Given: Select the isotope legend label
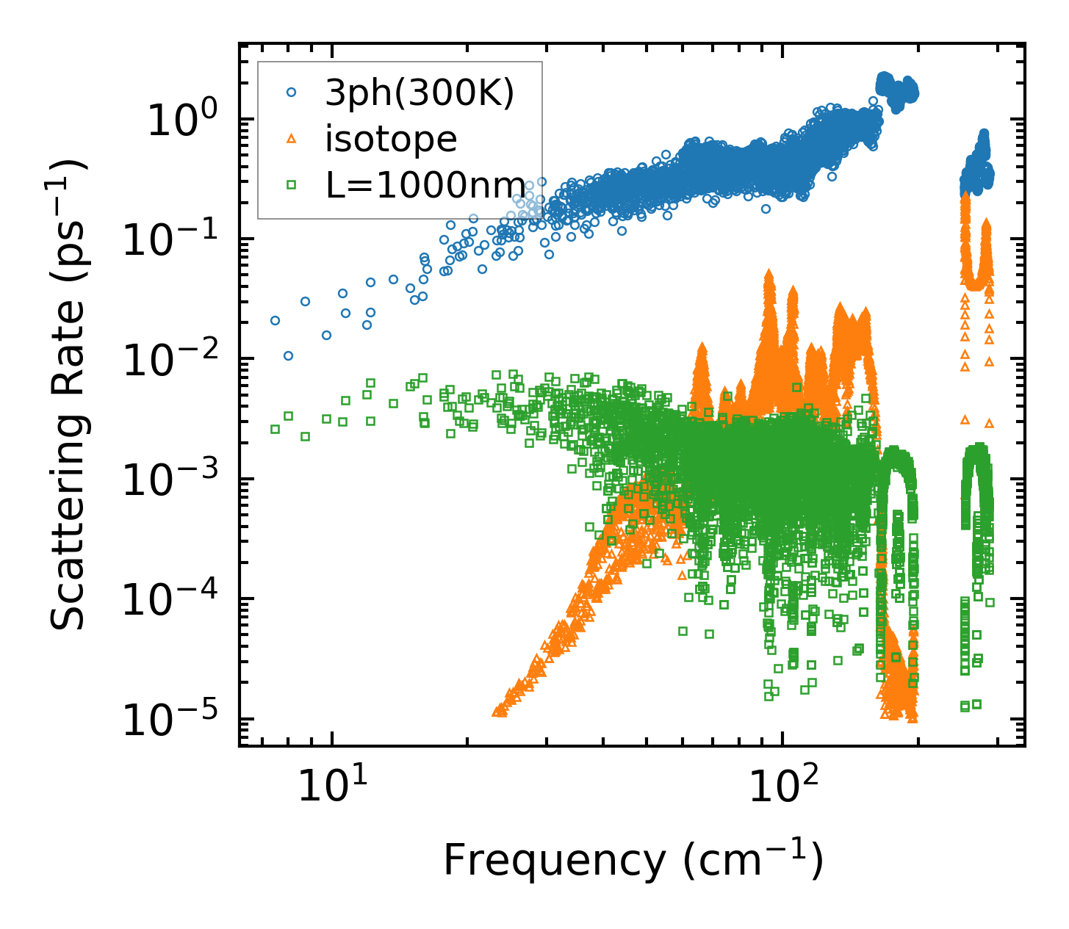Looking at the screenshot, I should [391, 139].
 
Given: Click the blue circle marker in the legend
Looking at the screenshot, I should [291, 93].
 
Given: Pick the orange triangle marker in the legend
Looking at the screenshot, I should [291, 138].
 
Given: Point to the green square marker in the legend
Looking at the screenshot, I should [291, 184].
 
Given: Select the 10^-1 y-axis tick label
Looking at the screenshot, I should [171, 241].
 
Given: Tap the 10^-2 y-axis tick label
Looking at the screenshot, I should [171, 361].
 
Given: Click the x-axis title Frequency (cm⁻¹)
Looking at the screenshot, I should [633, 861].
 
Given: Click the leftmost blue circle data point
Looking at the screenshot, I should [275, 320].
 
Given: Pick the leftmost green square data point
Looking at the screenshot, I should [275, 429].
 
